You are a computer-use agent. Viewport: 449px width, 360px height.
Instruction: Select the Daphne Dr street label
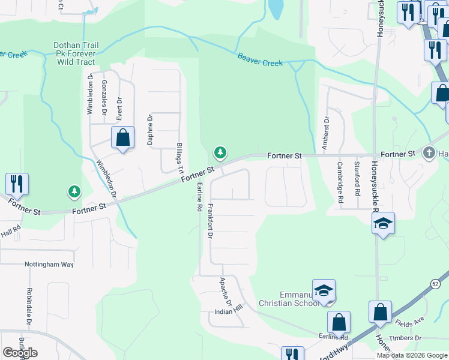[150, 130]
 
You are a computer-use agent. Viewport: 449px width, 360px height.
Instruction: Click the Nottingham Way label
[49, 264]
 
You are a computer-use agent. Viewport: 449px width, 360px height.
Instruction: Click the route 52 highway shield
[434, 283]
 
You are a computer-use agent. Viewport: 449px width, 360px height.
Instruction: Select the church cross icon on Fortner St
[429, 152]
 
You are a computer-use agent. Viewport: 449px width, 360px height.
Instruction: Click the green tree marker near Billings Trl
[221, 152]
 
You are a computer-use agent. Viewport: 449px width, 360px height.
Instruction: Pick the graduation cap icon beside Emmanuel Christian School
[323, 290]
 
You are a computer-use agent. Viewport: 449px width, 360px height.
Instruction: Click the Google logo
[20, 352]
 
